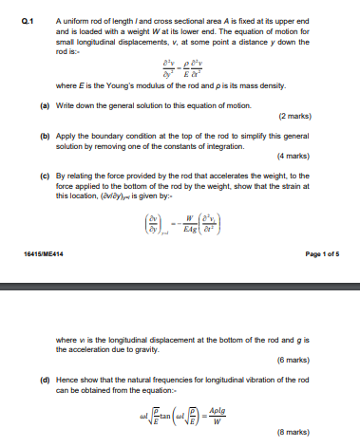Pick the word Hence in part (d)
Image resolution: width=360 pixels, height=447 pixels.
(x=68, y=379)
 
